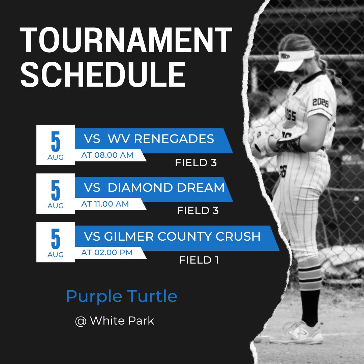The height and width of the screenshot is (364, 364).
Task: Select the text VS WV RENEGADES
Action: [x=149, y=139]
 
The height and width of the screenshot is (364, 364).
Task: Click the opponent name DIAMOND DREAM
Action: [x=166, y=187]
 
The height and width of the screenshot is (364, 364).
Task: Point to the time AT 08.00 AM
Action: [x=107, y=155]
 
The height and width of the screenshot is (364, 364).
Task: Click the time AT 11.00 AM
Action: [x=105, y=204]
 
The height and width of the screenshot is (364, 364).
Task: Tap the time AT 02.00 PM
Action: [x=107, y=252]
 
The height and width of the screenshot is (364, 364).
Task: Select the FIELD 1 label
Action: [x=199, y=260]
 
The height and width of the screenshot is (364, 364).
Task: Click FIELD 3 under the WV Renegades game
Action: [x=195, y=163]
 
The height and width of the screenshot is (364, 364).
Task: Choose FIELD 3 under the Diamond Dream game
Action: [x=198, y=211]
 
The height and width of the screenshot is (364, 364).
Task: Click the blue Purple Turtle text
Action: [x=122, y=296]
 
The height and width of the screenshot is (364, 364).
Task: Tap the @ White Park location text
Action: [x=115, y=321]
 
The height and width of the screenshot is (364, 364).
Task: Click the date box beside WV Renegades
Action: [x=55, y=145]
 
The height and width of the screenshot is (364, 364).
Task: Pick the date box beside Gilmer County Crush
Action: [x=55, y=242]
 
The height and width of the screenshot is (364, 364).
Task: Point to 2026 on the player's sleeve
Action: [x=320, y=102]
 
